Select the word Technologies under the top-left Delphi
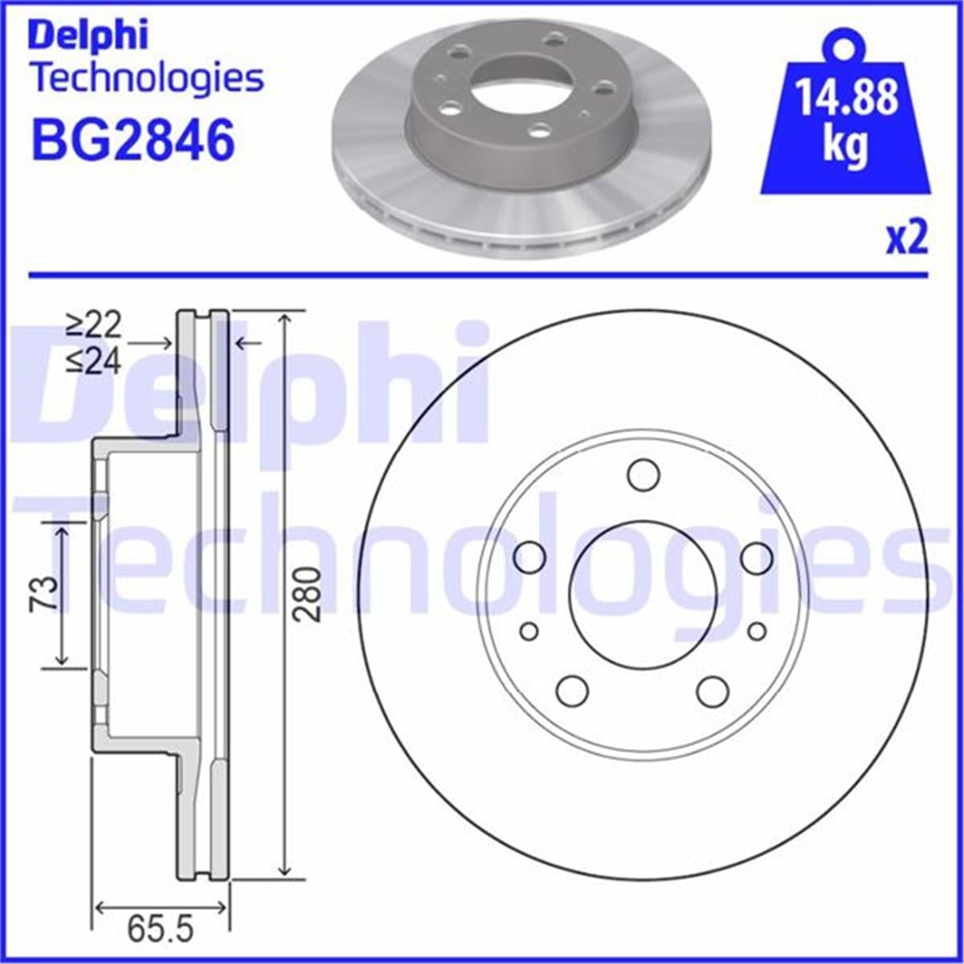point(146,78)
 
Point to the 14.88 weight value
point(846,100)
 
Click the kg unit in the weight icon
point(845,147)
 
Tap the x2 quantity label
point(906,239)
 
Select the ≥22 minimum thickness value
point(93,325)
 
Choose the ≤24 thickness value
point(93,362)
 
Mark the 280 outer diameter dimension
point(307,594)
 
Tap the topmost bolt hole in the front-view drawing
point(643,475)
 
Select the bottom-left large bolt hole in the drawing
point(572,690)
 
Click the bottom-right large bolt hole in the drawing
point(713,690)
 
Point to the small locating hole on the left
point(529,631)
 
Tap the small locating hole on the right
point(757,631)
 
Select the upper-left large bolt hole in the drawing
point(529,556)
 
